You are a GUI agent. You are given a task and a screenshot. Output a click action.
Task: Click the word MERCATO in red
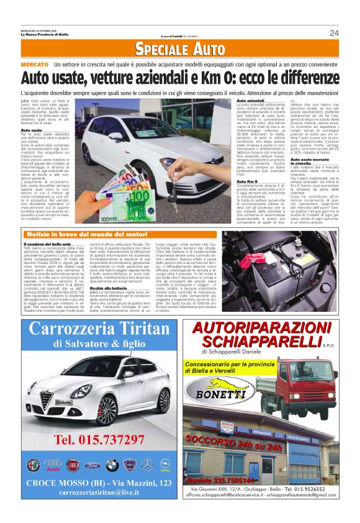tap(34, 65)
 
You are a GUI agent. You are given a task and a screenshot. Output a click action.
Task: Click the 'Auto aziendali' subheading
tap(251, 100)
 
